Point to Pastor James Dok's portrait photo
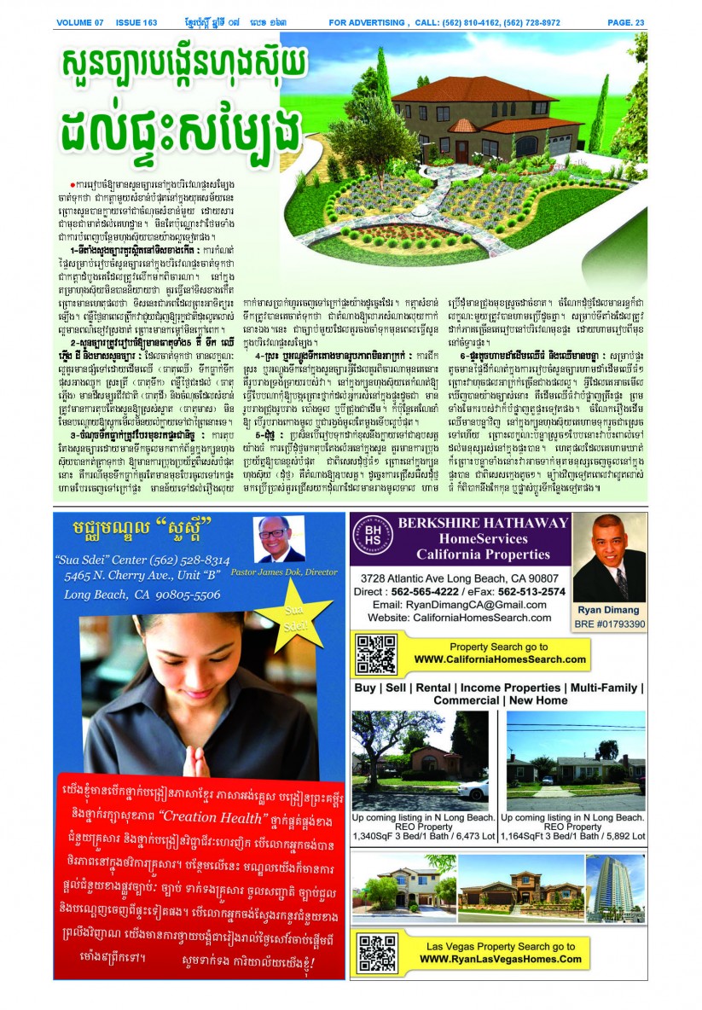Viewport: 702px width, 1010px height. tap(280, 539)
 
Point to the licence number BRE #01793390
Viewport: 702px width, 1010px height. tap(609, 624)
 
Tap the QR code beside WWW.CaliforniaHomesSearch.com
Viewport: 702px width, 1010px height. tap(375, 653)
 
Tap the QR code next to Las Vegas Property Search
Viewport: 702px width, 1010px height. tap(377, 953)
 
